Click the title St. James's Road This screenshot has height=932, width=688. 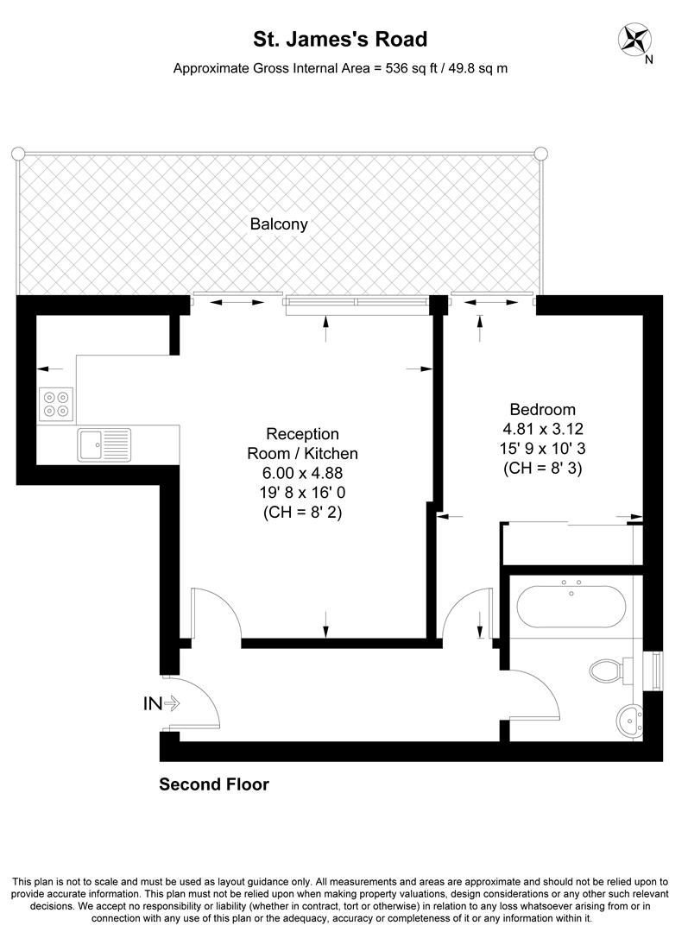tap(339, 39)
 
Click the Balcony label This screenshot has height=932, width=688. tap(279, 224)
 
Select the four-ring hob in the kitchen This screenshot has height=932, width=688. tap(55, 405)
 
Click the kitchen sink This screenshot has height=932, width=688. tap(103, 444)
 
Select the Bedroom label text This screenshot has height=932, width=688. tap(542, 410)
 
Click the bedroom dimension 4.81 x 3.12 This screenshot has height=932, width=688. tap(542, 429)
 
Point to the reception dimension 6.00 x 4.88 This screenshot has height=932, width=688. tap(302, 473)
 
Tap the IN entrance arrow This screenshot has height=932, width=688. tap(161, 704)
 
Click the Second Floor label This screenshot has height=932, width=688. tap(214, 784)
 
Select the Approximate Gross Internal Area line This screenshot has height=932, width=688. tap(340, 67)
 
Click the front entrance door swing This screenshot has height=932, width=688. tap(199, 699)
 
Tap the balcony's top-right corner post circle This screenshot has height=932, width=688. tap(540, 154)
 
